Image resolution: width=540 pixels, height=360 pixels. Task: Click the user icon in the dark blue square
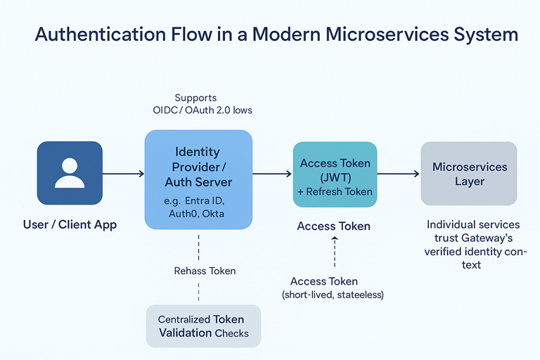click(x=70, y=174)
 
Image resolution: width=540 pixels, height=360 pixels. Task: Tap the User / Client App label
click(x=69, y=226)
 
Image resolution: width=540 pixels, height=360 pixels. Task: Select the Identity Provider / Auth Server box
click(x=198, y=179)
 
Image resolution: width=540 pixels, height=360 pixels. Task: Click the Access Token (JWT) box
click(x=335, y=174)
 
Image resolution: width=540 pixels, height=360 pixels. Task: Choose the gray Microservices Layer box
click(x=468, y=174)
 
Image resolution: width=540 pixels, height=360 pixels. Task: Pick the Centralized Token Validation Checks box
click(x=203, y=326)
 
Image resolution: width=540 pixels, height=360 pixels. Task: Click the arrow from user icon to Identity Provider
click(x=123, y=174)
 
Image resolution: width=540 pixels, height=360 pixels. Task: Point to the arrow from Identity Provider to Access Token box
click(x=272, y=174)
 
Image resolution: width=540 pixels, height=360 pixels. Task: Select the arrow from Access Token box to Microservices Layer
click(x=398, y=174)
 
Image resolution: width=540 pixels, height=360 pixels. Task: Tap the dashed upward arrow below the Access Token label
click(x=335, y=252)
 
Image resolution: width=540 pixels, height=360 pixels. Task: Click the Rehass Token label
click(x=205, y=271)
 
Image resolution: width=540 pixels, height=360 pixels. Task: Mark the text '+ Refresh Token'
click(x=335, y=191)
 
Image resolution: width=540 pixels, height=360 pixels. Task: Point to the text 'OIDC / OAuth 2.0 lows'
click(x=202, y=110)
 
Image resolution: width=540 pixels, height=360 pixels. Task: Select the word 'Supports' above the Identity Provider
click(x=195, y=98)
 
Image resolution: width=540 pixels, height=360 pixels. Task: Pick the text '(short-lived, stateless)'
click(x=333, y=295)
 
